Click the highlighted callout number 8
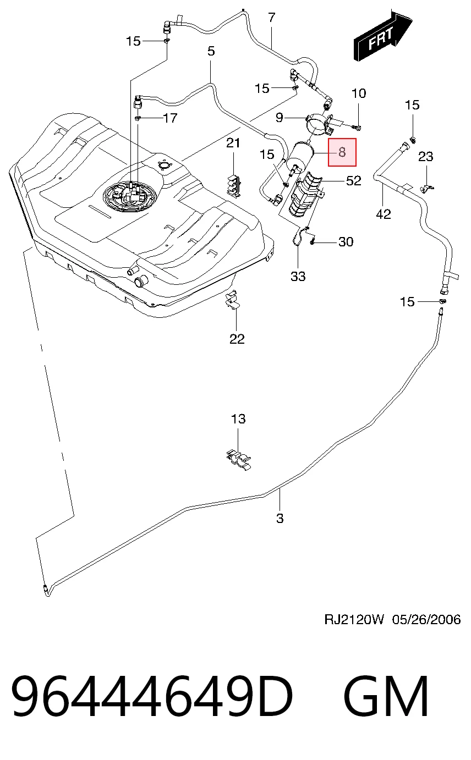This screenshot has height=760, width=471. [342, 152]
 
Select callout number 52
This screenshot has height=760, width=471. [353, 180]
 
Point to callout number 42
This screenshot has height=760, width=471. [384, 214]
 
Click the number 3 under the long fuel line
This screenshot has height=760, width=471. [280, 518]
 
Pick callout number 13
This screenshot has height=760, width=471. [238, 418]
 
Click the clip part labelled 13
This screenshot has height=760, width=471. [239, 459]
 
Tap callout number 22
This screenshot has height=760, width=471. [237, 339]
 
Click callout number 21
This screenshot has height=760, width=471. [233, 143]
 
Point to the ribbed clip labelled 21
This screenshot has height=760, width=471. [234, 185]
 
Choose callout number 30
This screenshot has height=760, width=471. [346, 241]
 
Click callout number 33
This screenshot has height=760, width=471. [298, 276]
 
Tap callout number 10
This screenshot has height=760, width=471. [359, 93]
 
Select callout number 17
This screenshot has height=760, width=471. [170, 118]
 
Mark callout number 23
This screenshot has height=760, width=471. [425, 156]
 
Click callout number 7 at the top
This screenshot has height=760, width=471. [271, 17]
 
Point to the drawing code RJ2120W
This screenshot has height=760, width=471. [354, 619]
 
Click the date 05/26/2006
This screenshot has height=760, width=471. [426, 619]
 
